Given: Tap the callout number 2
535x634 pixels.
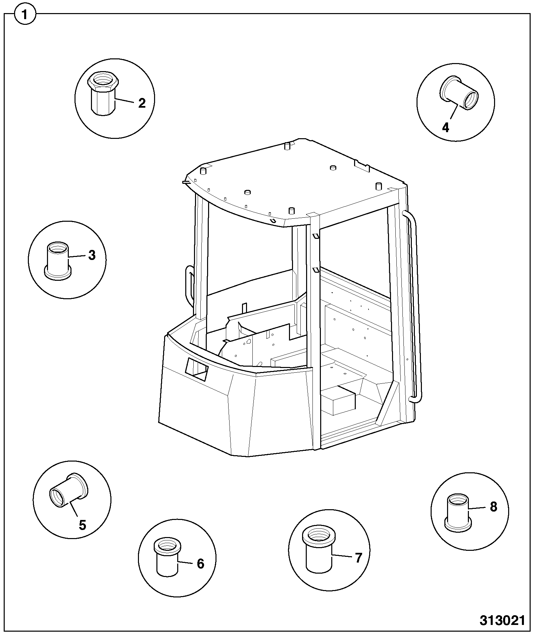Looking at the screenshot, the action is click(142, 103).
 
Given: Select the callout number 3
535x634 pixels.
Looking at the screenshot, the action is click(92, 255).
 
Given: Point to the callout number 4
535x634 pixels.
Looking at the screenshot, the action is click(446, 127).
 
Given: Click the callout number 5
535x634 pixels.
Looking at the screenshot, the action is click(83, 525).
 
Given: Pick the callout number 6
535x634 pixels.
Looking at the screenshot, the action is click(200, 564).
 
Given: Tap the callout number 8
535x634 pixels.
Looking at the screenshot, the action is click(493, 507).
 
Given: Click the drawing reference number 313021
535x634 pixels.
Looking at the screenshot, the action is click(502, 621).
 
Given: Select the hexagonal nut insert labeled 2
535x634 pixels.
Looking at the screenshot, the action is click(104, 93).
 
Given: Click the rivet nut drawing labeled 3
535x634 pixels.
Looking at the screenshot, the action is click(57, 260).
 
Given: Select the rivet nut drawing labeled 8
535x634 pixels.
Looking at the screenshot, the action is click(458, 513).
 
